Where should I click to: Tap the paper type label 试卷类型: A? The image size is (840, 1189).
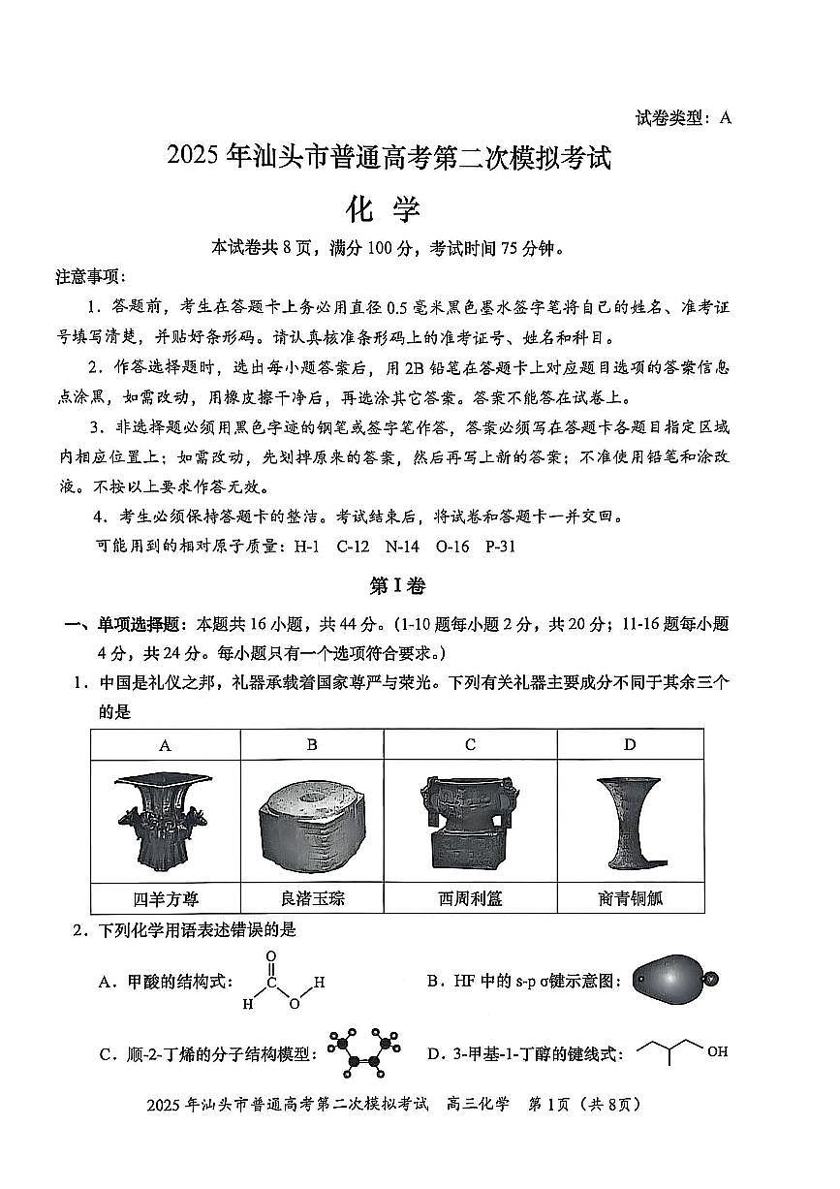click(x=683, y=118)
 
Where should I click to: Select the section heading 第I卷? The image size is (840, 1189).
click(x=397, y=586)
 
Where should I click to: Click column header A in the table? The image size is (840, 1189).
click(x=165, y=744)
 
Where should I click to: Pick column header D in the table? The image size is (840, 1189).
click(x=630, y=744)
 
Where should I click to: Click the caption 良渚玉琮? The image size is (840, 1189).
click(x=311, y=898)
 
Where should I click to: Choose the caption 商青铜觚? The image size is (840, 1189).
click(x=630, y=898)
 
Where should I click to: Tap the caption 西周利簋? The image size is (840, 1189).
click(x=470, y=898)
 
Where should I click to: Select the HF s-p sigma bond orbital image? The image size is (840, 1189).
click(x=675, y=981)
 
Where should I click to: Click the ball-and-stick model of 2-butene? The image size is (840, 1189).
click(x=365, y=1052)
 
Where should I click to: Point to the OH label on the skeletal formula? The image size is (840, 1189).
click(x=717, y=1051)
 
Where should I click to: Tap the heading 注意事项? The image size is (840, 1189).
click(x=90, y=277)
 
